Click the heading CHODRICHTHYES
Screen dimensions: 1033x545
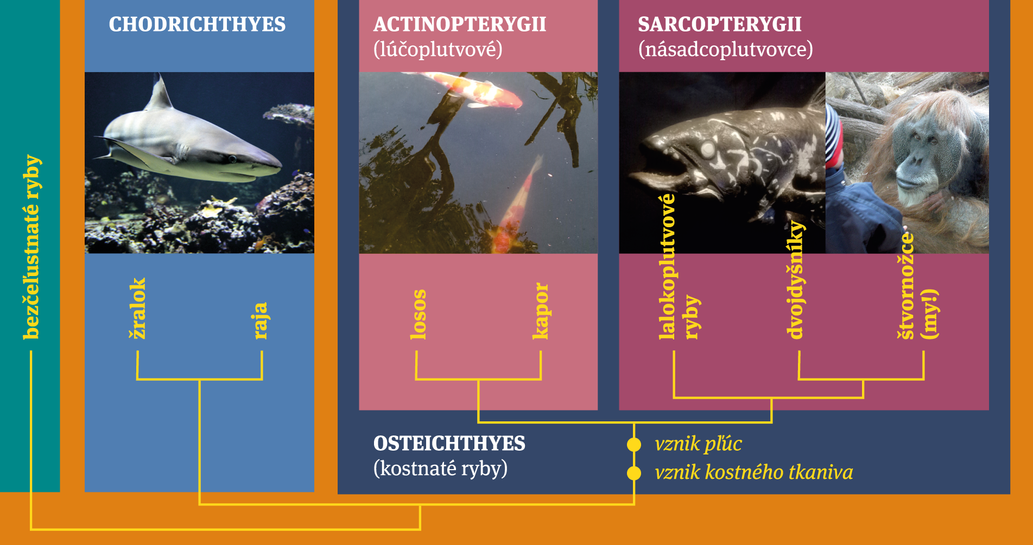[x=197, y=24]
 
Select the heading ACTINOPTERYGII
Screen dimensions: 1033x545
[x=460, y=24]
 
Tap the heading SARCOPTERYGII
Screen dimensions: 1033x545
[x=719, y=24]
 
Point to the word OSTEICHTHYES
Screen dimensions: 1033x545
[x=449, y=444]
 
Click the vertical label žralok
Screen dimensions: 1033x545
[x=138, y=309]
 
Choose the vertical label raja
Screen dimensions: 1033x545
[x=261, y=321]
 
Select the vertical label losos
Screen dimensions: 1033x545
[x=418, y=315]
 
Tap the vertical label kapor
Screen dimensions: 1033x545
[x=541, y=311]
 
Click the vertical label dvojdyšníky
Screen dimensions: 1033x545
[x=796, y=280]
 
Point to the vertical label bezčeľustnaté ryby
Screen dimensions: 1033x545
[x=31, y=247]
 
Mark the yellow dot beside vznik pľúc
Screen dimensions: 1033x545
[x=633, y=445]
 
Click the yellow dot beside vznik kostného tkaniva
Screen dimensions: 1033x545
[x=633, y=473]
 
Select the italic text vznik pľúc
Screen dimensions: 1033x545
[x=698, y=444]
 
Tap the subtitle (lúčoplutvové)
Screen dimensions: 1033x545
[x=438, y=49]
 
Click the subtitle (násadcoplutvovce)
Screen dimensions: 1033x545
[x=726, y=49]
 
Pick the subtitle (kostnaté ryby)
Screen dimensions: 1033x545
[x=441, y=469]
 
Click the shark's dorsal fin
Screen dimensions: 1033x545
[x=160, y=93]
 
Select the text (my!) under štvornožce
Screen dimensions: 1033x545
[x=930, y=315]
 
